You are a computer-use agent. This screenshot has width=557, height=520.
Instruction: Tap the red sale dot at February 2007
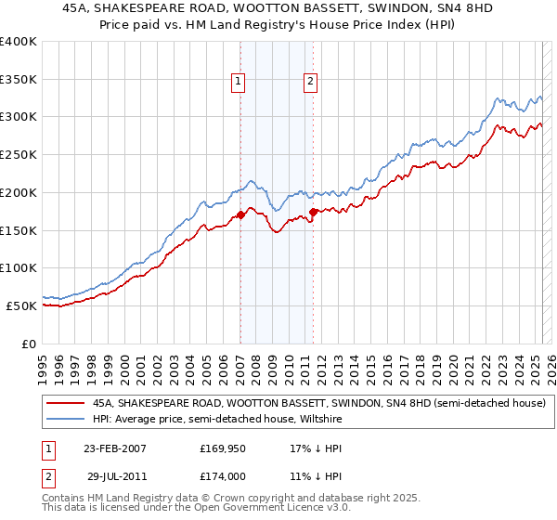(240, 214)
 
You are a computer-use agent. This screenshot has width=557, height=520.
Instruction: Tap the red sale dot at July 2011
(313, 212)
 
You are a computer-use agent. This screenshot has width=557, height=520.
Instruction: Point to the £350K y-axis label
(19, 79)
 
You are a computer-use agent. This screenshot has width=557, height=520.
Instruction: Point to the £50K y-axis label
(22, 305)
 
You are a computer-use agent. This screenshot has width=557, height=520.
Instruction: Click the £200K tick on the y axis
(19, 192)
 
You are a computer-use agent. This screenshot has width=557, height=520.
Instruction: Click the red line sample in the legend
(65, 404)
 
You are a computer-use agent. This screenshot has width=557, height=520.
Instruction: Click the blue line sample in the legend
(65, 419)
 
